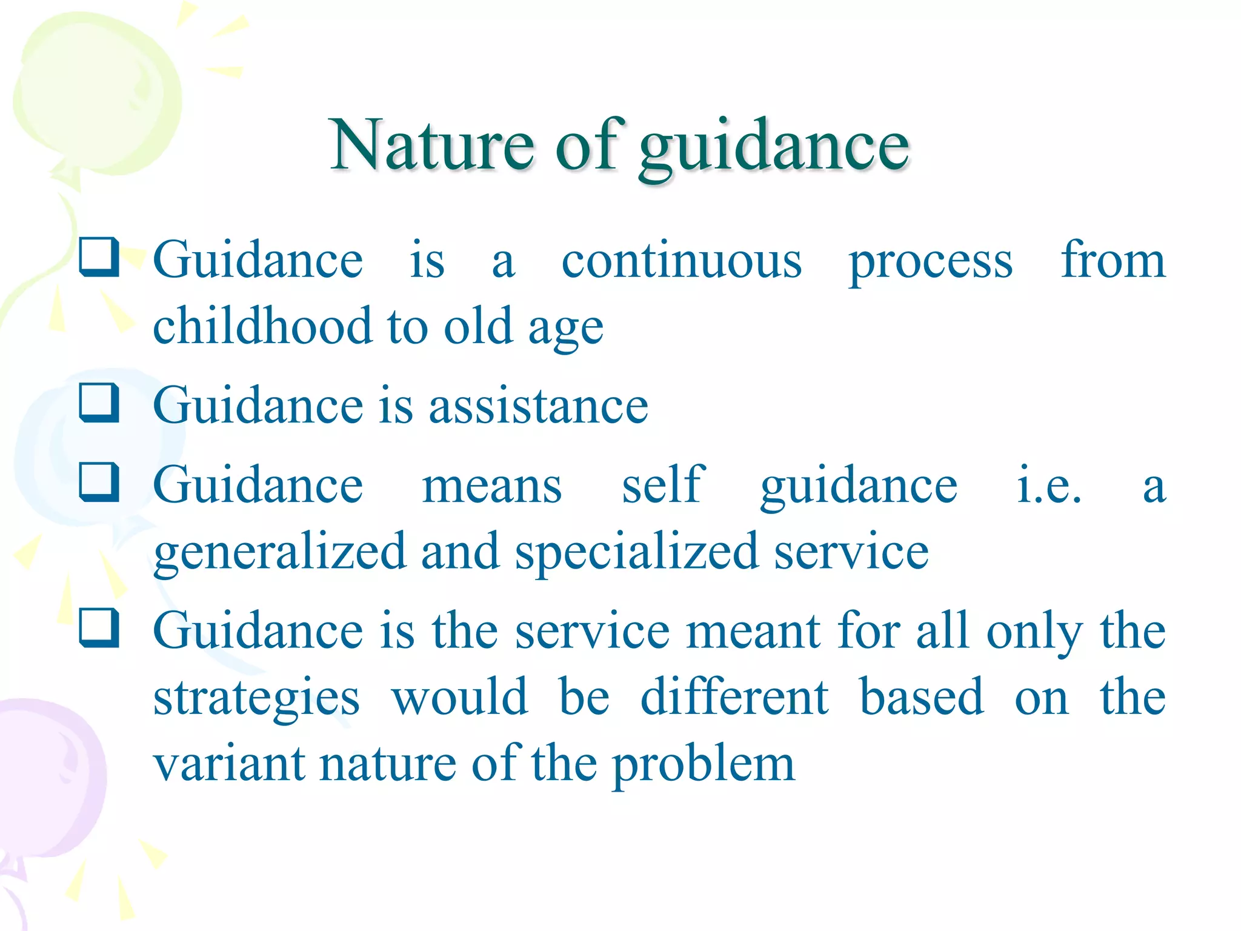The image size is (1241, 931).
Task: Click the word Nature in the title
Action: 431,145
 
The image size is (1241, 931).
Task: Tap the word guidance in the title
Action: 774,148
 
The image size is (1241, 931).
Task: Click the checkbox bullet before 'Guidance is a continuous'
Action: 99,258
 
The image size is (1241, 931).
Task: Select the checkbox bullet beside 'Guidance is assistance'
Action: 99,403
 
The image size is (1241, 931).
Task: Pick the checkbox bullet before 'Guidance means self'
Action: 99,482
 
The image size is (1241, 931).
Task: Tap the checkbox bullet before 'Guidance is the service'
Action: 99,628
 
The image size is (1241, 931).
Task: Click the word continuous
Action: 682,262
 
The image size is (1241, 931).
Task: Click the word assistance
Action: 539,406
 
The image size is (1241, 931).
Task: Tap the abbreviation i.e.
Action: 1048,486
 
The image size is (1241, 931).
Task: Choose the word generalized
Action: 279,553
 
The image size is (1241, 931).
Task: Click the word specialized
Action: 637,553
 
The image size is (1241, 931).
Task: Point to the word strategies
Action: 256,699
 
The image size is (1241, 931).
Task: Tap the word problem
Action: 704,766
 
